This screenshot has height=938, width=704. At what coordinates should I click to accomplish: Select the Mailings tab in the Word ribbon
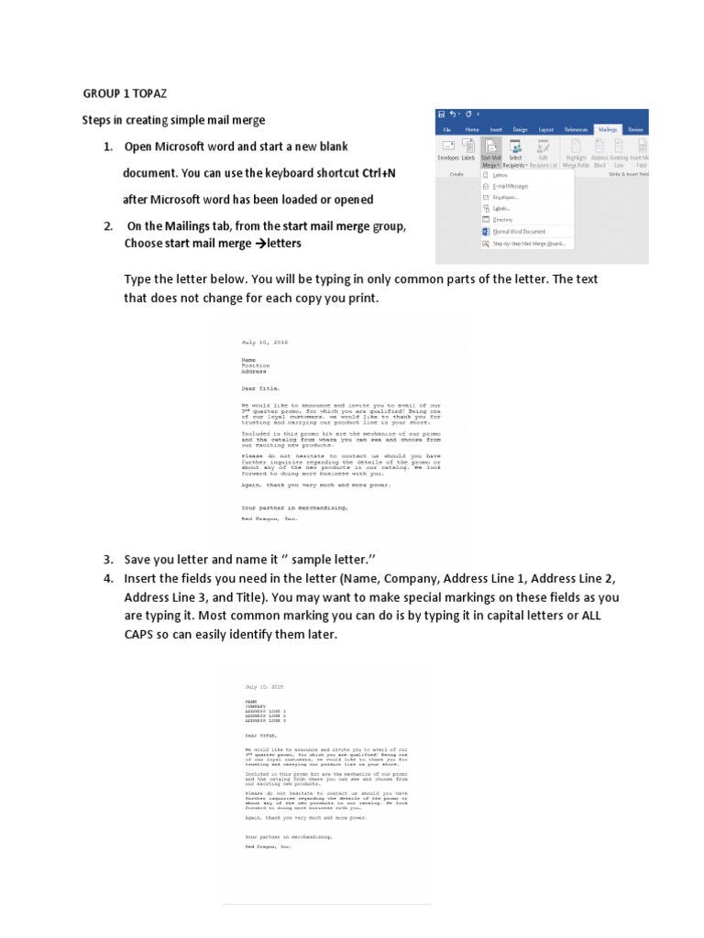coord(606,130)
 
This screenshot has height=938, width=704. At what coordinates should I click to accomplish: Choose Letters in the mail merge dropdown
coord(500,174)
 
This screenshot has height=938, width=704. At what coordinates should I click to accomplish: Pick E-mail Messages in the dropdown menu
coord(511,186)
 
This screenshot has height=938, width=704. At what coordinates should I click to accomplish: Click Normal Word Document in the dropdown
coord(519,232)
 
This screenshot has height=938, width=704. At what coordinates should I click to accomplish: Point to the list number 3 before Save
coord(107,559)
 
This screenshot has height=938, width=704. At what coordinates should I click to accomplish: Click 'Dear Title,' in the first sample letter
coord(259,388)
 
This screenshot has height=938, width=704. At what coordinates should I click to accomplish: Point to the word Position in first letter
coord(256,365)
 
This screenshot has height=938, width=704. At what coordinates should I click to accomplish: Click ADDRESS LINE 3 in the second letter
coord(266,722)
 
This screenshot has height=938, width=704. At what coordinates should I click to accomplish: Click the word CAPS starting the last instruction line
coord(141,634)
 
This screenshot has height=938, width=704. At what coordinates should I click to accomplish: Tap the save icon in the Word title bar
coord(443,114)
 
